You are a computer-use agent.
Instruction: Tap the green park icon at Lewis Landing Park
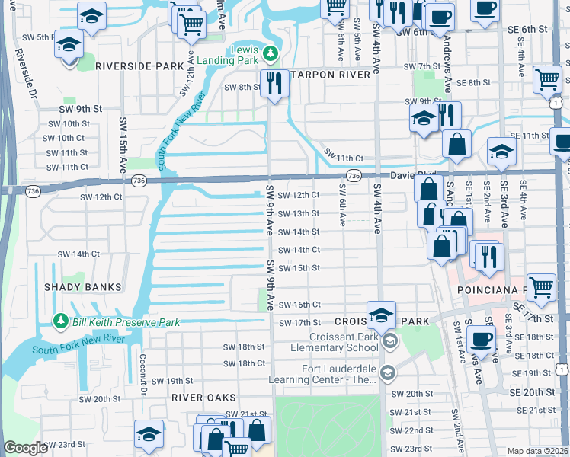[x=270, y=53]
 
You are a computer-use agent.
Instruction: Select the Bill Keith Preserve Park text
[x=126, y=322]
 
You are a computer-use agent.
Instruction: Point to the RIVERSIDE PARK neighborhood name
[x=136, y=66]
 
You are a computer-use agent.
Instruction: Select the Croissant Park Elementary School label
[x=344, y=342]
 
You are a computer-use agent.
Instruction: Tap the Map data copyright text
[x=537, y=451]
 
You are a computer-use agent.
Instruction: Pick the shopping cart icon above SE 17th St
[x=541, y=286]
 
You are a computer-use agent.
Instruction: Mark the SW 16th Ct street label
[x=299, y=305]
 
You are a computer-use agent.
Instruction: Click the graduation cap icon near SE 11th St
[x=501, y=152]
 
